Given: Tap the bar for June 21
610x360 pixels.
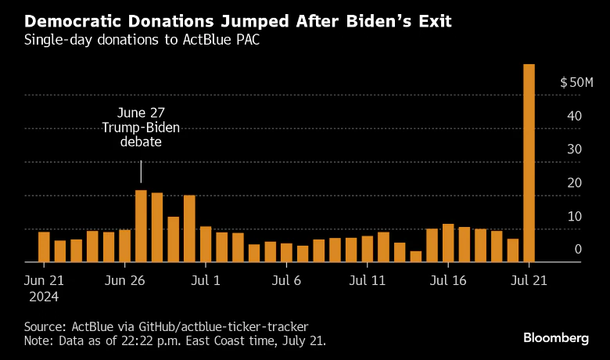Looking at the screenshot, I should (x=44, y=247).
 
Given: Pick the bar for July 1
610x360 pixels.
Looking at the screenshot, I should (x=206, y=244).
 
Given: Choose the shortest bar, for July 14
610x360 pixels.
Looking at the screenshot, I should (x=416, y=256).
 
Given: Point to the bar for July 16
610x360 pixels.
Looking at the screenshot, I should (x=448, y=243).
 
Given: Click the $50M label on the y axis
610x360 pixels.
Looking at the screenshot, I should (x=577, y=83).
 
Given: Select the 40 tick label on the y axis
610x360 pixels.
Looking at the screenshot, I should (x=574, y=116).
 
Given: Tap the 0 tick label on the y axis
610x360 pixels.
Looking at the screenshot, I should (x=578, y=250).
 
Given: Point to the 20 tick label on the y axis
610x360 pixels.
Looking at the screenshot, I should (x=574, y=183).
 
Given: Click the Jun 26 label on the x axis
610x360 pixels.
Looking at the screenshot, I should (x=125, y=279).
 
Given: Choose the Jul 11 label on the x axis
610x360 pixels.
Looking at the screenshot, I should (x=368, y=279).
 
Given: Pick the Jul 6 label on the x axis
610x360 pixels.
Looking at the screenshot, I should (x=287, y=279).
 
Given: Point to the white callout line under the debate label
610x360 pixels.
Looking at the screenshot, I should (x=141, y=172).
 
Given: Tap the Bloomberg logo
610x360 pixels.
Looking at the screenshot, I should (x=555, y=337).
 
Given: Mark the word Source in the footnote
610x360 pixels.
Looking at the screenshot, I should (x=43, y=325).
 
